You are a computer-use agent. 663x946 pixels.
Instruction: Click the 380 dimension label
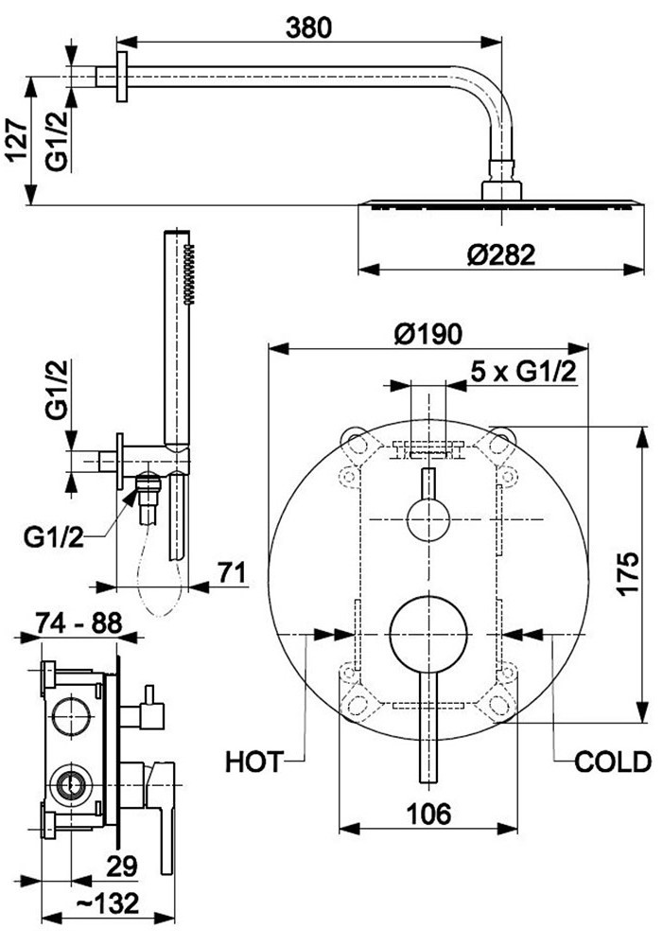pyautogui.click(x=308, y=27)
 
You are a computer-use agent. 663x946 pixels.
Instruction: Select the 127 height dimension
pyautogui.click(x=17, y=140)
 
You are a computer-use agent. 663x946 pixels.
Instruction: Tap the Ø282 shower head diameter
pyautogui.click(x=500, y=255)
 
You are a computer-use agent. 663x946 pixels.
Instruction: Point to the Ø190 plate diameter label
pyautogui.click(x=428, y=334)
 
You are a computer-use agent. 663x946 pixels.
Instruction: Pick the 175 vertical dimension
pyautogui.click(x=628, y=574)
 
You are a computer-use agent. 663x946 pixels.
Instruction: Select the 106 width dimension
pyautogui.click(x=428, y=814)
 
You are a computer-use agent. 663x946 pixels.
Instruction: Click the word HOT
pyautogui.click(x=254, y=762)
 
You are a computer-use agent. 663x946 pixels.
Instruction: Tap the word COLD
pyautogui.click(x=613, y=762)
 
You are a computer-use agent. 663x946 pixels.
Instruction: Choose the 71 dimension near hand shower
pyautogui.click(x=233, y=572)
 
